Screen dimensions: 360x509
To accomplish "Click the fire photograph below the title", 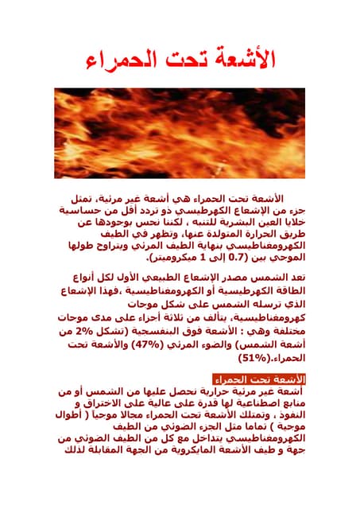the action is click(180, 133).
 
